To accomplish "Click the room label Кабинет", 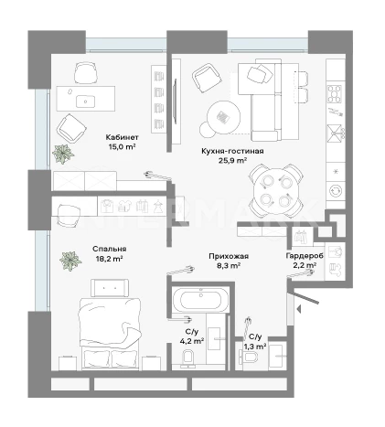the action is (122, 137).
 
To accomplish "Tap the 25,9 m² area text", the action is (232, 160).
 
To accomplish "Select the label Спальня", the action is (110, 249).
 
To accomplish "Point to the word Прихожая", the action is (229, 256).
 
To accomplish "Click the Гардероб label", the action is (305, 256).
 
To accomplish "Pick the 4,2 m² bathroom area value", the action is (192, 341).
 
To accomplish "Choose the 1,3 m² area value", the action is (255, 347).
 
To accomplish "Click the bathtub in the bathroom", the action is (200, 300).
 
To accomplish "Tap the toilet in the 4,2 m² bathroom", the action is (187, 358).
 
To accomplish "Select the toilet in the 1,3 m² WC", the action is (249, 356).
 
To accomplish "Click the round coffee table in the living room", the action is (223, 117).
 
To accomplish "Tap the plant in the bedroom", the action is (70, 261).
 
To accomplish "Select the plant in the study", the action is (63, 154).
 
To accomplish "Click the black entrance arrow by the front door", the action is (299, 309).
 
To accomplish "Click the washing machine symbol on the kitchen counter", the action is (336, 190).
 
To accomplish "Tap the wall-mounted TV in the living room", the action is (175, 101).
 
